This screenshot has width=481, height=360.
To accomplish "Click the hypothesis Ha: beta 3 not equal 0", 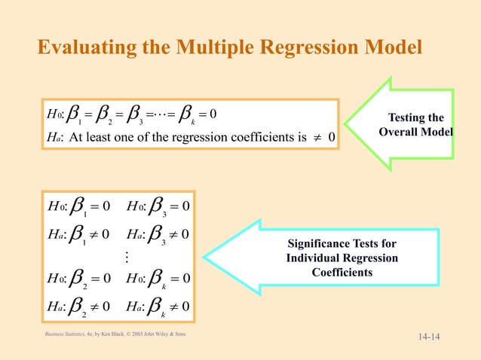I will [158, 233].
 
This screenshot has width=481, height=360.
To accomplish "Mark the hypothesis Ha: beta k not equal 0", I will [158, 307].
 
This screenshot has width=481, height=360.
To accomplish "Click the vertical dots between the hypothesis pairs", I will [126, 257].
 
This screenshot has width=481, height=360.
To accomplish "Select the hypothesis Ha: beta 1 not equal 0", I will [80, 233].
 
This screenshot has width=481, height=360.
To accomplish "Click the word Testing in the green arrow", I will [415, 118].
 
